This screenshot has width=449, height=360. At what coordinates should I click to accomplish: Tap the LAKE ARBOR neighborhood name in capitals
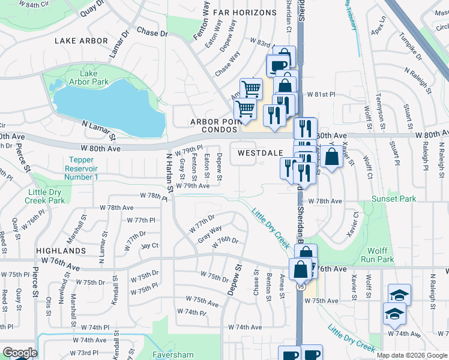click(81, 41)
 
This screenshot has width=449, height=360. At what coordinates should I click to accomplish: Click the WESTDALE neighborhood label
click(260, 153)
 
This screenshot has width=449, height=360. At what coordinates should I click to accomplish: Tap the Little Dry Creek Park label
click(46, 196)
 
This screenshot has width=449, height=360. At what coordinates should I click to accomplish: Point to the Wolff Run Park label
click(378, 255)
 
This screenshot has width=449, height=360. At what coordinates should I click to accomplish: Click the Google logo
click(19, 353)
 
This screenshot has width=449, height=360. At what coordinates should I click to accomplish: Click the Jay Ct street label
click(149, 245)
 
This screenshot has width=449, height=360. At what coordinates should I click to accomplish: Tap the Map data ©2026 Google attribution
click(411, 355)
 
